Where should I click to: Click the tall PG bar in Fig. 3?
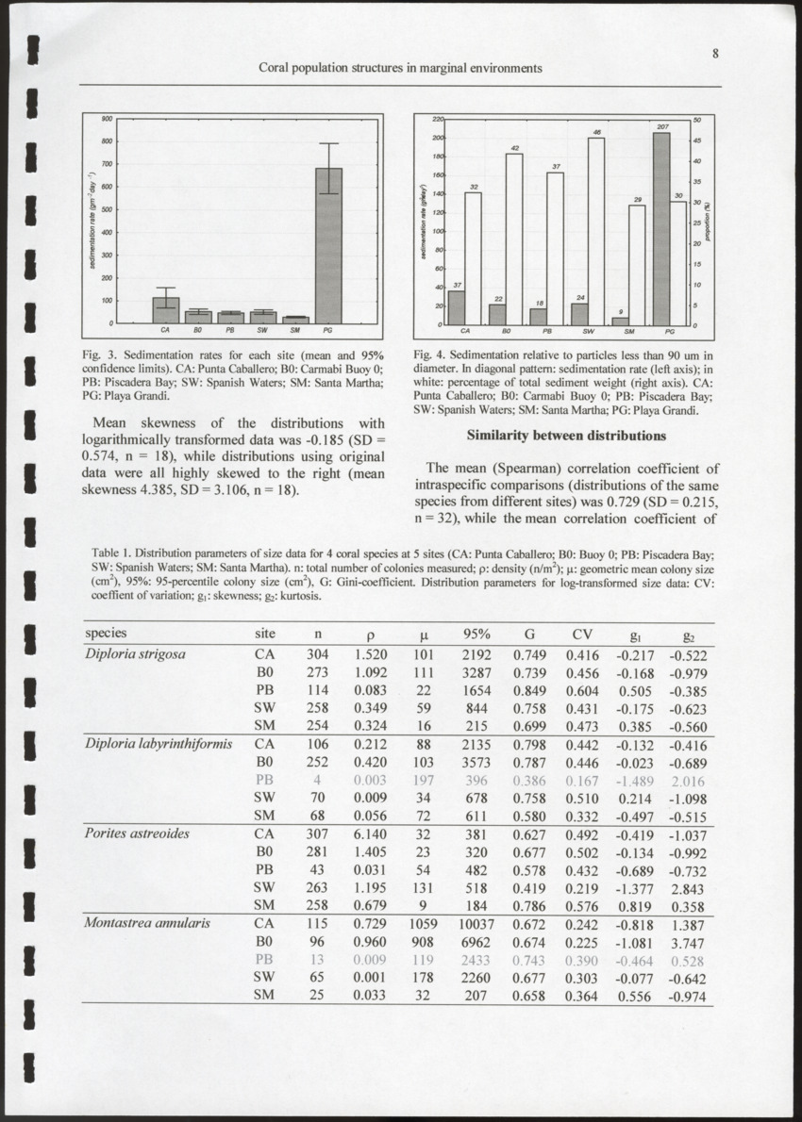(x=328, y=246)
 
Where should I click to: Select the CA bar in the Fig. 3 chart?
(x=166, y=310)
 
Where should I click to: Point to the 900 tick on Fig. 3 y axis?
(x=109, y=120)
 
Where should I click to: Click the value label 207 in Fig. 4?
(x=662, y=126)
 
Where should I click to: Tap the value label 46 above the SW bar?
(x=596, y=132)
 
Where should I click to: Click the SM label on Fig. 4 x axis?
(x=629, y=332)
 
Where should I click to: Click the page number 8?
(x=716, y=54)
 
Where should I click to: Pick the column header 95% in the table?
(x=477, y=634)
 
